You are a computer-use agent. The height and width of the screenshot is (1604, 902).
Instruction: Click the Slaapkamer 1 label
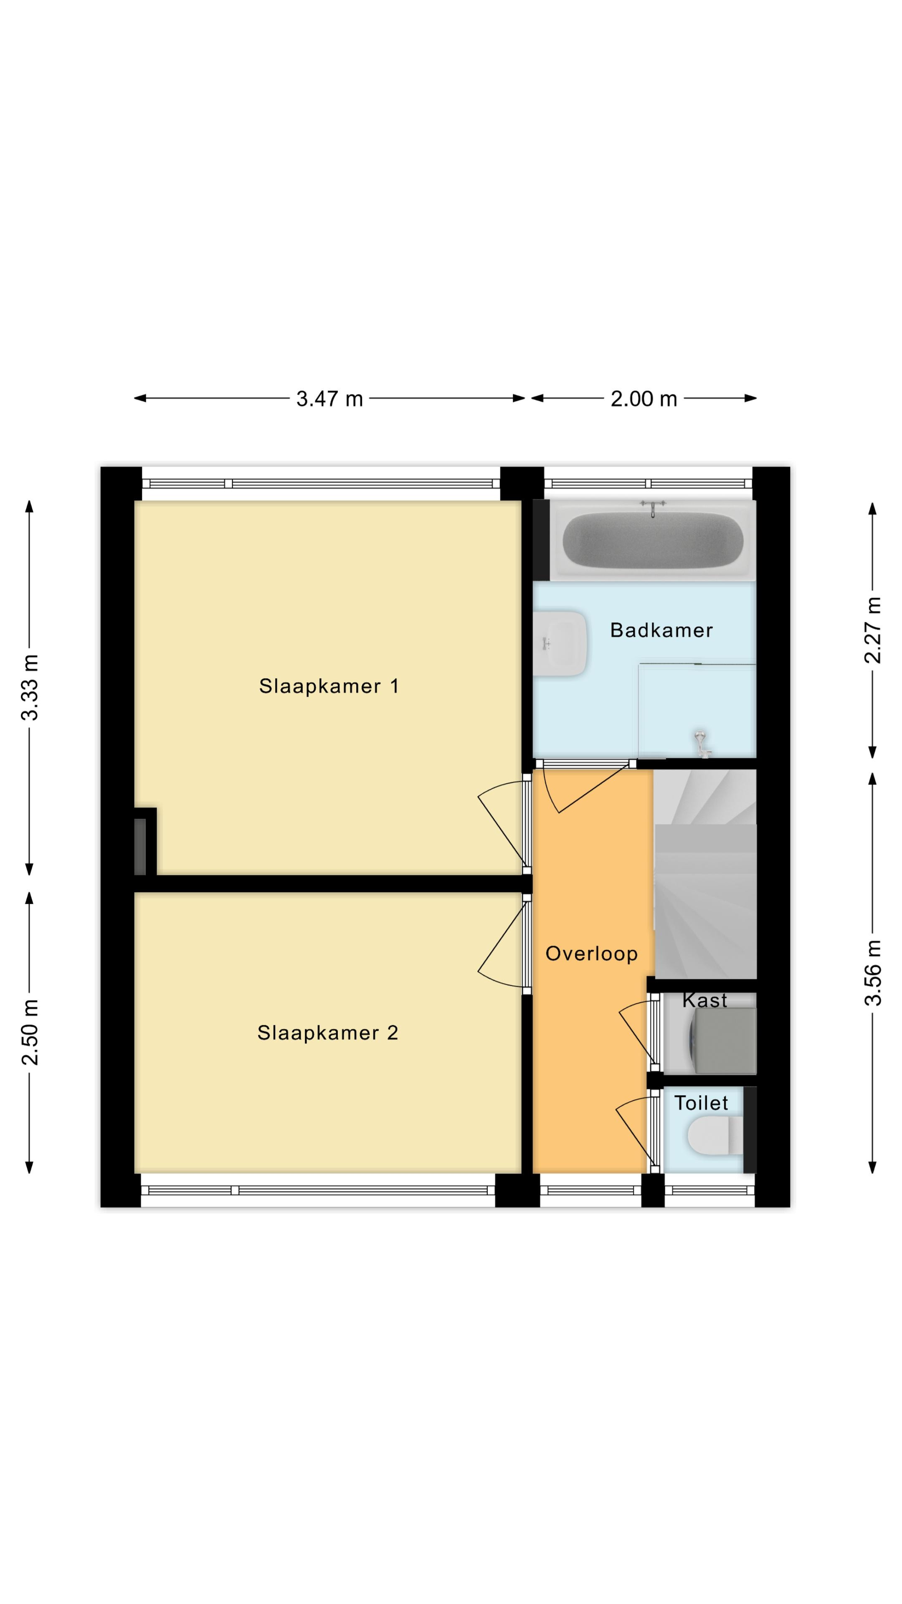click(x=329, y=686)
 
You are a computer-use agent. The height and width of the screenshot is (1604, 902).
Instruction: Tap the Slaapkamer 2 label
click(x=327, y=1033)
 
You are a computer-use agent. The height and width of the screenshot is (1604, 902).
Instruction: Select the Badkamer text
click(x=661, y=630)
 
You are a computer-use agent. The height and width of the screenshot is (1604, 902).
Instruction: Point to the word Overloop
click(x=591, y=954)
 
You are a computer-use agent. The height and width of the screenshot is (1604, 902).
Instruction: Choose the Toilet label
click(x=701, y=1103)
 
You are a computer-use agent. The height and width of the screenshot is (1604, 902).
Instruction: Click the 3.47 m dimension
click(x=329, y=398)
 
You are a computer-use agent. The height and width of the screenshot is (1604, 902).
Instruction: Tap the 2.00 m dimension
click(x=644, y=398)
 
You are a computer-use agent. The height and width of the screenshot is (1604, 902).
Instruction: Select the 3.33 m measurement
click(x=30, y=687)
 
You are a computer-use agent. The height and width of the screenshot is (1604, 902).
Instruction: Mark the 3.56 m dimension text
click(x=873, y=972)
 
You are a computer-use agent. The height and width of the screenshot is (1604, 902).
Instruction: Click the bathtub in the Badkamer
click(x=652, y=539)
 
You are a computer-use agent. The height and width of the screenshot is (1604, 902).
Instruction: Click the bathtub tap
click(x=652, y=508)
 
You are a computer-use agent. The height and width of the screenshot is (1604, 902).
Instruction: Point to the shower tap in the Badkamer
click(x=702, y=743)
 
